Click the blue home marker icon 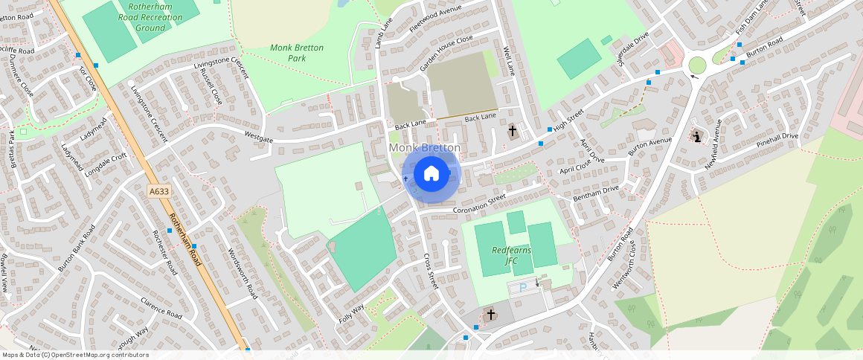[x=431, y=174]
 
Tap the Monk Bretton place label [x=424, y=148]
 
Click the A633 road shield [x=159, y=191]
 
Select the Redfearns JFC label [x=510, y=255]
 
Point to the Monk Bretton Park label [x=297, y=52]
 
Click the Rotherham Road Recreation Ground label [x=152, y=17]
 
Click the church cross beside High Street [x=513, y=132]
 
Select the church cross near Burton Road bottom [x=490, y=315]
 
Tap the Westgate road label [x=259, y=135]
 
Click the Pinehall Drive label [x=777, y=140]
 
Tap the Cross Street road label [x=429, y=271]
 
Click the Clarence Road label [x=161, y=309]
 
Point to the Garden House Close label [x=446, y=53]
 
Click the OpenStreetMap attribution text [x=75, y=355]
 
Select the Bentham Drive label [x=595, y=193]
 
